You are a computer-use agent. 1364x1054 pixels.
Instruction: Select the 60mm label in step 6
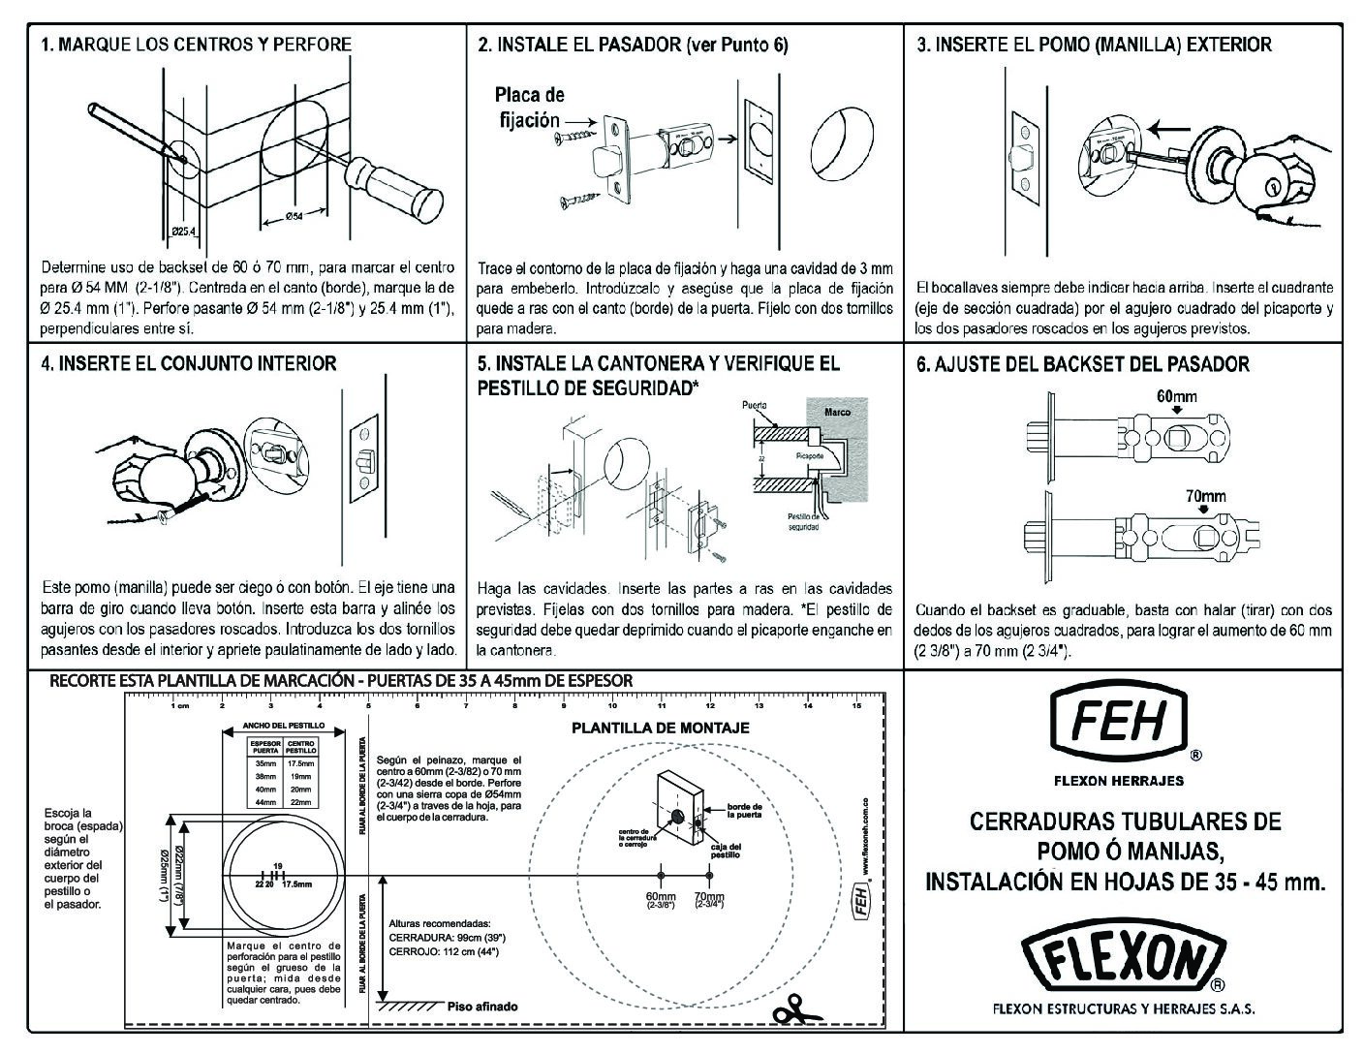[1176, 395]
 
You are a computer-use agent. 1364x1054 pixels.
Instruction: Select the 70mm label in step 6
[1205, 496]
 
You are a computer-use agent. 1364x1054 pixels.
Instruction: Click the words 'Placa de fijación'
[529, 108]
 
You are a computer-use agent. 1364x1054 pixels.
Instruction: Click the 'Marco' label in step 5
[837, 412]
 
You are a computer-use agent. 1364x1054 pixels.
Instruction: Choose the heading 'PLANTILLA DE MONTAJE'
[660, 728]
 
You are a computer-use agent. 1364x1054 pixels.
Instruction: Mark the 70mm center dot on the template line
[709, 877]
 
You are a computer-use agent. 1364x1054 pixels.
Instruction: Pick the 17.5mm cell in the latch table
[301, 763]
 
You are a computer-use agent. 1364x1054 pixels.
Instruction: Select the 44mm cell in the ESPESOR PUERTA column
[265, 802]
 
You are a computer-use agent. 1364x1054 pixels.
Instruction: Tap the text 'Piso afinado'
[482, 1007]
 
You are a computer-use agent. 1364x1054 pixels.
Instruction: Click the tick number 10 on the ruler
[613, 705]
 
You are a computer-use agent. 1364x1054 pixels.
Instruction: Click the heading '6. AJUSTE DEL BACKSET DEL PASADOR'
[1082, 364]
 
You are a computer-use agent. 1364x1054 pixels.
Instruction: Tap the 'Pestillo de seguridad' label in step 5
[803, 521]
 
